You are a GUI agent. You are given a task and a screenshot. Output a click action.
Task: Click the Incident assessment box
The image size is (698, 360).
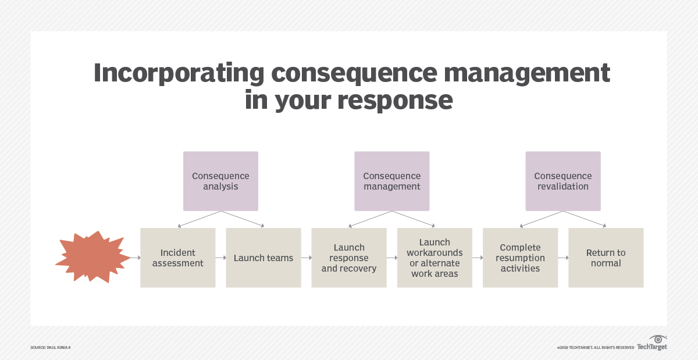click(177, 258)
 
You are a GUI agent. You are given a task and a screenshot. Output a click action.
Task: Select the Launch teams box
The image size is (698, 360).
click(263, 258)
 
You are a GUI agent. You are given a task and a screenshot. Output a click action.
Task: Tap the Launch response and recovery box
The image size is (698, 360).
click(349, 258)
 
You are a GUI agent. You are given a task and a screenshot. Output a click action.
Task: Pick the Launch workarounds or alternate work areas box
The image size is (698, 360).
click(435, 258)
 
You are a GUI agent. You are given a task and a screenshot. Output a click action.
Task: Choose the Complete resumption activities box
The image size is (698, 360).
click(520, 258)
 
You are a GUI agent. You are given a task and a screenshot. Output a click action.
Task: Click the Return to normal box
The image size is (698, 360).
click(606, 258)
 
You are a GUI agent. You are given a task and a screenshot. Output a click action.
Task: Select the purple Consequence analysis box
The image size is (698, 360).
click(220, 181)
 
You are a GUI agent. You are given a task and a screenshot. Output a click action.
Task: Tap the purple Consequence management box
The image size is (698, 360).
click(391, 181)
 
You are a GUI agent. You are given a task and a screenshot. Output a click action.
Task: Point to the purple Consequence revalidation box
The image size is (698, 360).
click(562, 181)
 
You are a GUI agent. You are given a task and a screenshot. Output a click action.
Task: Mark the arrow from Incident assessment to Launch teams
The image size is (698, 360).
click(220, 258)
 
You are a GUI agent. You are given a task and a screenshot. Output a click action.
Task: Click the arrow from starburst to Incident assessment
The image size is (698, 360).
click(135, 258)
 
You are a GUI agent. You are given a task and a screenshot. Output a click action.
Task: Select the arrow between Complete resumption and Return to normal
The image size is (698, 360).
click(563, 258)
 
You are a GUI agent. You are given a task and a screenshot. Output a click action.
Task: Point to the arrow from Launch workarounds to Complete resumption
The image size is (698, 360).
click(478, 258)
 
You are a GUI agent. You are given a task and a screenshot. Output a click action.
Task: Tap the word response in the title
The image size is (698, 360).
click(395, 100)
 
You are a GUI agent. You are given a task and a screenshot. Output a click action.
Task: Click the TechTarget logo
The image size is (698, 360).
click(652, 344)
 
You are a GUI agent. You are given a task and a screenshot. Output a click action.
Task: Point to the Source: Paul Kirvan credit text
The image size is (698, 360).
click(51, 347)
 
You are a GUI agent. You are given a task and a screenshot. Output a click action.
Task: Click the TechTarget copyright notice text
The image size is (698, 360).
click(595, 347)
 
